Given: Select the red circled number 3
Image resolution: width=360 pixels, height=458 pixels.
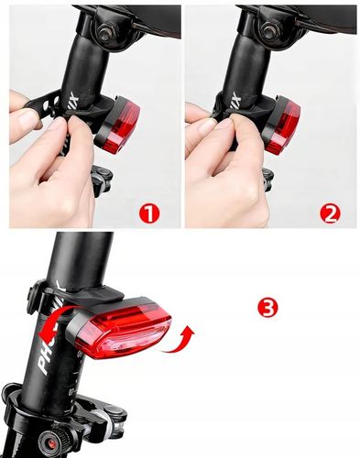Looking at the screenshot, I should pos(267,308).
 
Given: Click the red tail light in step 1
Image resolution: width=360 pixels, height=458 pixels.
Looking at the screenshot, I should pos(120,126).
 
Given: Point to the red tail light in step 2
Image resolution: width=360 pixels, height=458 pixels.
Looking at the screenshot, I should pos(283,125).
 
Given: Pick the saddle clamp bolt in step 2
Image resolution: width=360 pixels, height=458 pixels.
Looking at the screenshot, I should pos(271,31).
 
